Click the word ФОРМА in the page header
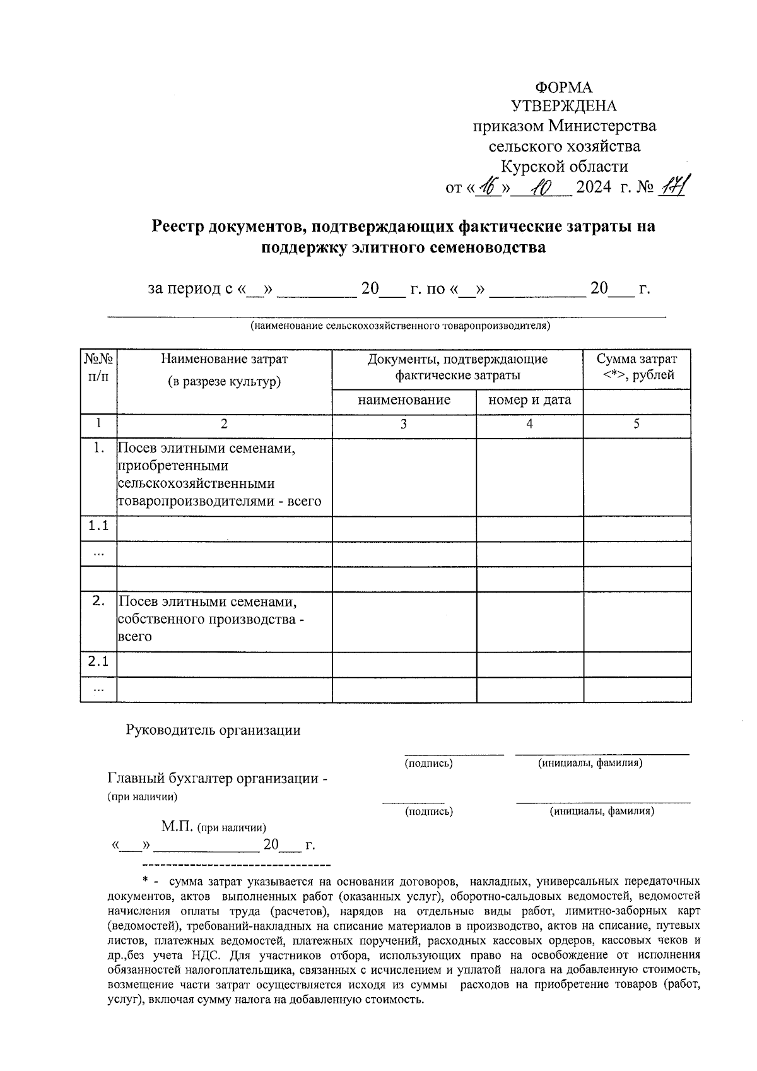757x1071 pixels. click(x=563, y=87)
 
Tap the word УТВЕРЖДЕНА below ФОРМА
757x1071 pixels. click(x=563, y=106)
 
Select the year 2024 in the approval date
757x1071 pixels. click(x=594, y=187)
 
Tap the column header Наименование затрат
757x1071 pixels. click(x=224, y=359)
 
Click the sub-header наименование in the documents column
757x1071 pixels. click(x=404, y=399)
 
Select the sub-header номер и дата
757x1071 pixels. click(x=529, y=399)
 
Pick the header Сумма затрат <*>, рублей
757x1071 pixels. click(x=637, y=367)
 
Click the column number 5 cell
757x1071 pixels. click(x=637, y=424)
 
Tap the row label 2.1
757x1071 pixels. click(x=98, y=661)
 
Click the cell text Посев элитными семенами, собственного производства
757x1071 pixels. click(x=211, y=618)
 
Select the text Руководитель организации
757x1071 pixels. click(x=213, y=730)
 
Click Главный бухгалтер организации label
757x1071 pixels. click(x=217, y=778)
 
